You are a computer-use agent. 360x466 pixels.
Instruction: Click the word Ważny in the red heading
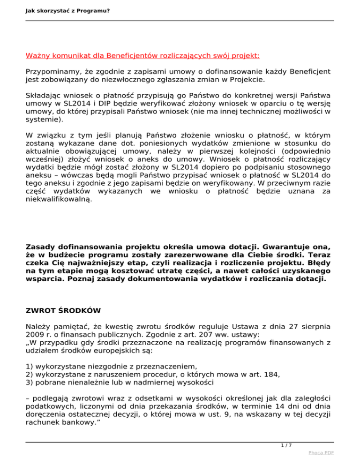pos(38,55)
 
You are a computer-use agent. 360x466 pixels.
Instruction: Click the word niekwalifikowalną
pos(59,200)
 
